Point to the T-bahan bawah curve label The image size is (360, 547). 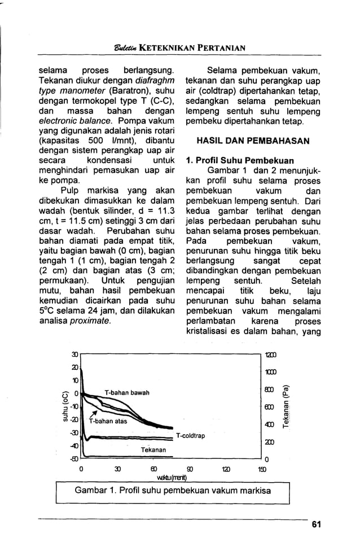[x=126, y=392]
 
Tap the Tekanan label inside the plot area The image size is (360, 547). [x=153, y=450]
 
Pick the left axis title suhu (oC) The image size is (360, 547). [x=65, y=407]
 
